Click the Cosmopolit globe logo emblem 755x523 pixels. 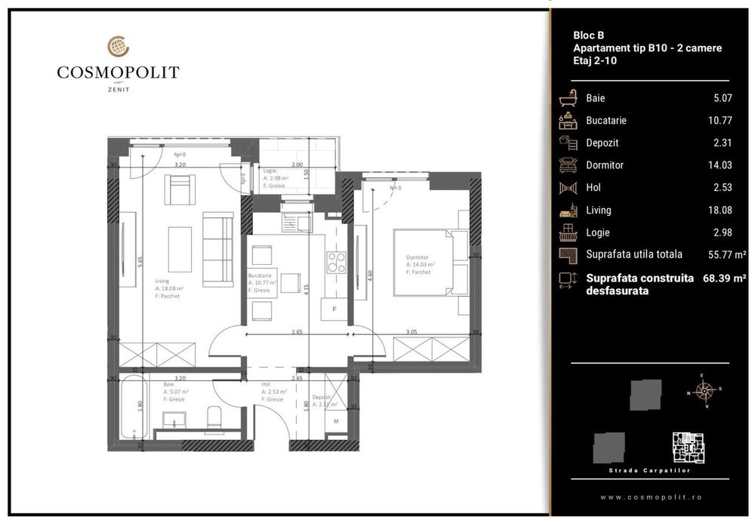pos(118,47)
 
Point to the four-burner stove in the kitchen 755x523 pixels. pos(335,262)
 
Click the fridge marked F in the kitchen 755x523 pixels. pos(334,308)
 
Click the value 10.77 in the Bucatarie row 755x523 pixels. pos(716,120)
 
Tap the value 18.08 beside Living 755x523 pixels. pos(716,210)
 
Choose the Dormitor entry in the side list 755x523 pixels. pos(605,165)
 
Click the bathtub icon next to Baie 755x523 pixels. pos(567,98)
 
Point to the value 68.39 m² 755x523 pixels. pos(724,278)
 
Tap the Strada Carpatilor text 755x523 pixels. pos(649,471)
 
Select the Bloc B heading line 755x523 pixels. pos(589,35)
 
